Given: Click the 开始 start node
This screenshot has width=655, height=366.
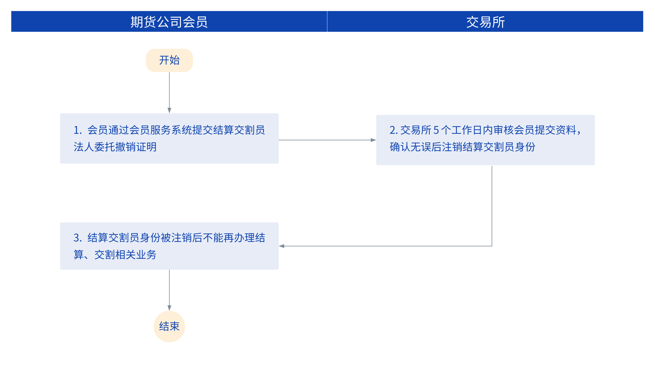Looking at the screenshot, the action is pos(169,60).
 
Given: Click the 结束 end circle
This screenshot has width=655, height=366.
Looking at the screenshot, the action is pos(169,326).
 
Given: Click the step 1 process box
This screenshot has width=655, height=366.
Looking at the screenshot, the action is pos(169,138).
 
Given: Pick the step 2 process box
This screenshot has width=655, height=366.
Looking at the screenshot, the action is pos(485,140).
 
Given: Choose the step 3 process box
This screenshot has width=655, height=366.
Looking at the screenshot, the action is pos(169,246).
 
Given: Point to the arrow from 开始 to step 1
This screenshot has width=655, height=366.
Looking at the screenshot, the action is pos(169,93).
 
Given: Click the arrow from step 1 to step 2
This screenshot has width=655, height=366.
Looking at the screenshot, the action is pos(327,140).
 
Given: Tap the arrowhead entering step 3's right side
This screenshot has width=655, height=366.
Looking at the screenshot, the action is pos(281,246).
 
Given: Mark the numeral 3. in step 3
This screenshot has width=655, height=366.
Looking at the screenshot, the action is pos(78,238).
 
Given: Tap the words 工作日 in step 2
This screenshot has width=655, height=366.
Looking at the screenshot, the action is pos(467,130).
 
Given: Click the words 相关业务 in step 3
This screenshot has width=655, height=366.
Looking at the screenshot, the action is pos(136,255).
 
